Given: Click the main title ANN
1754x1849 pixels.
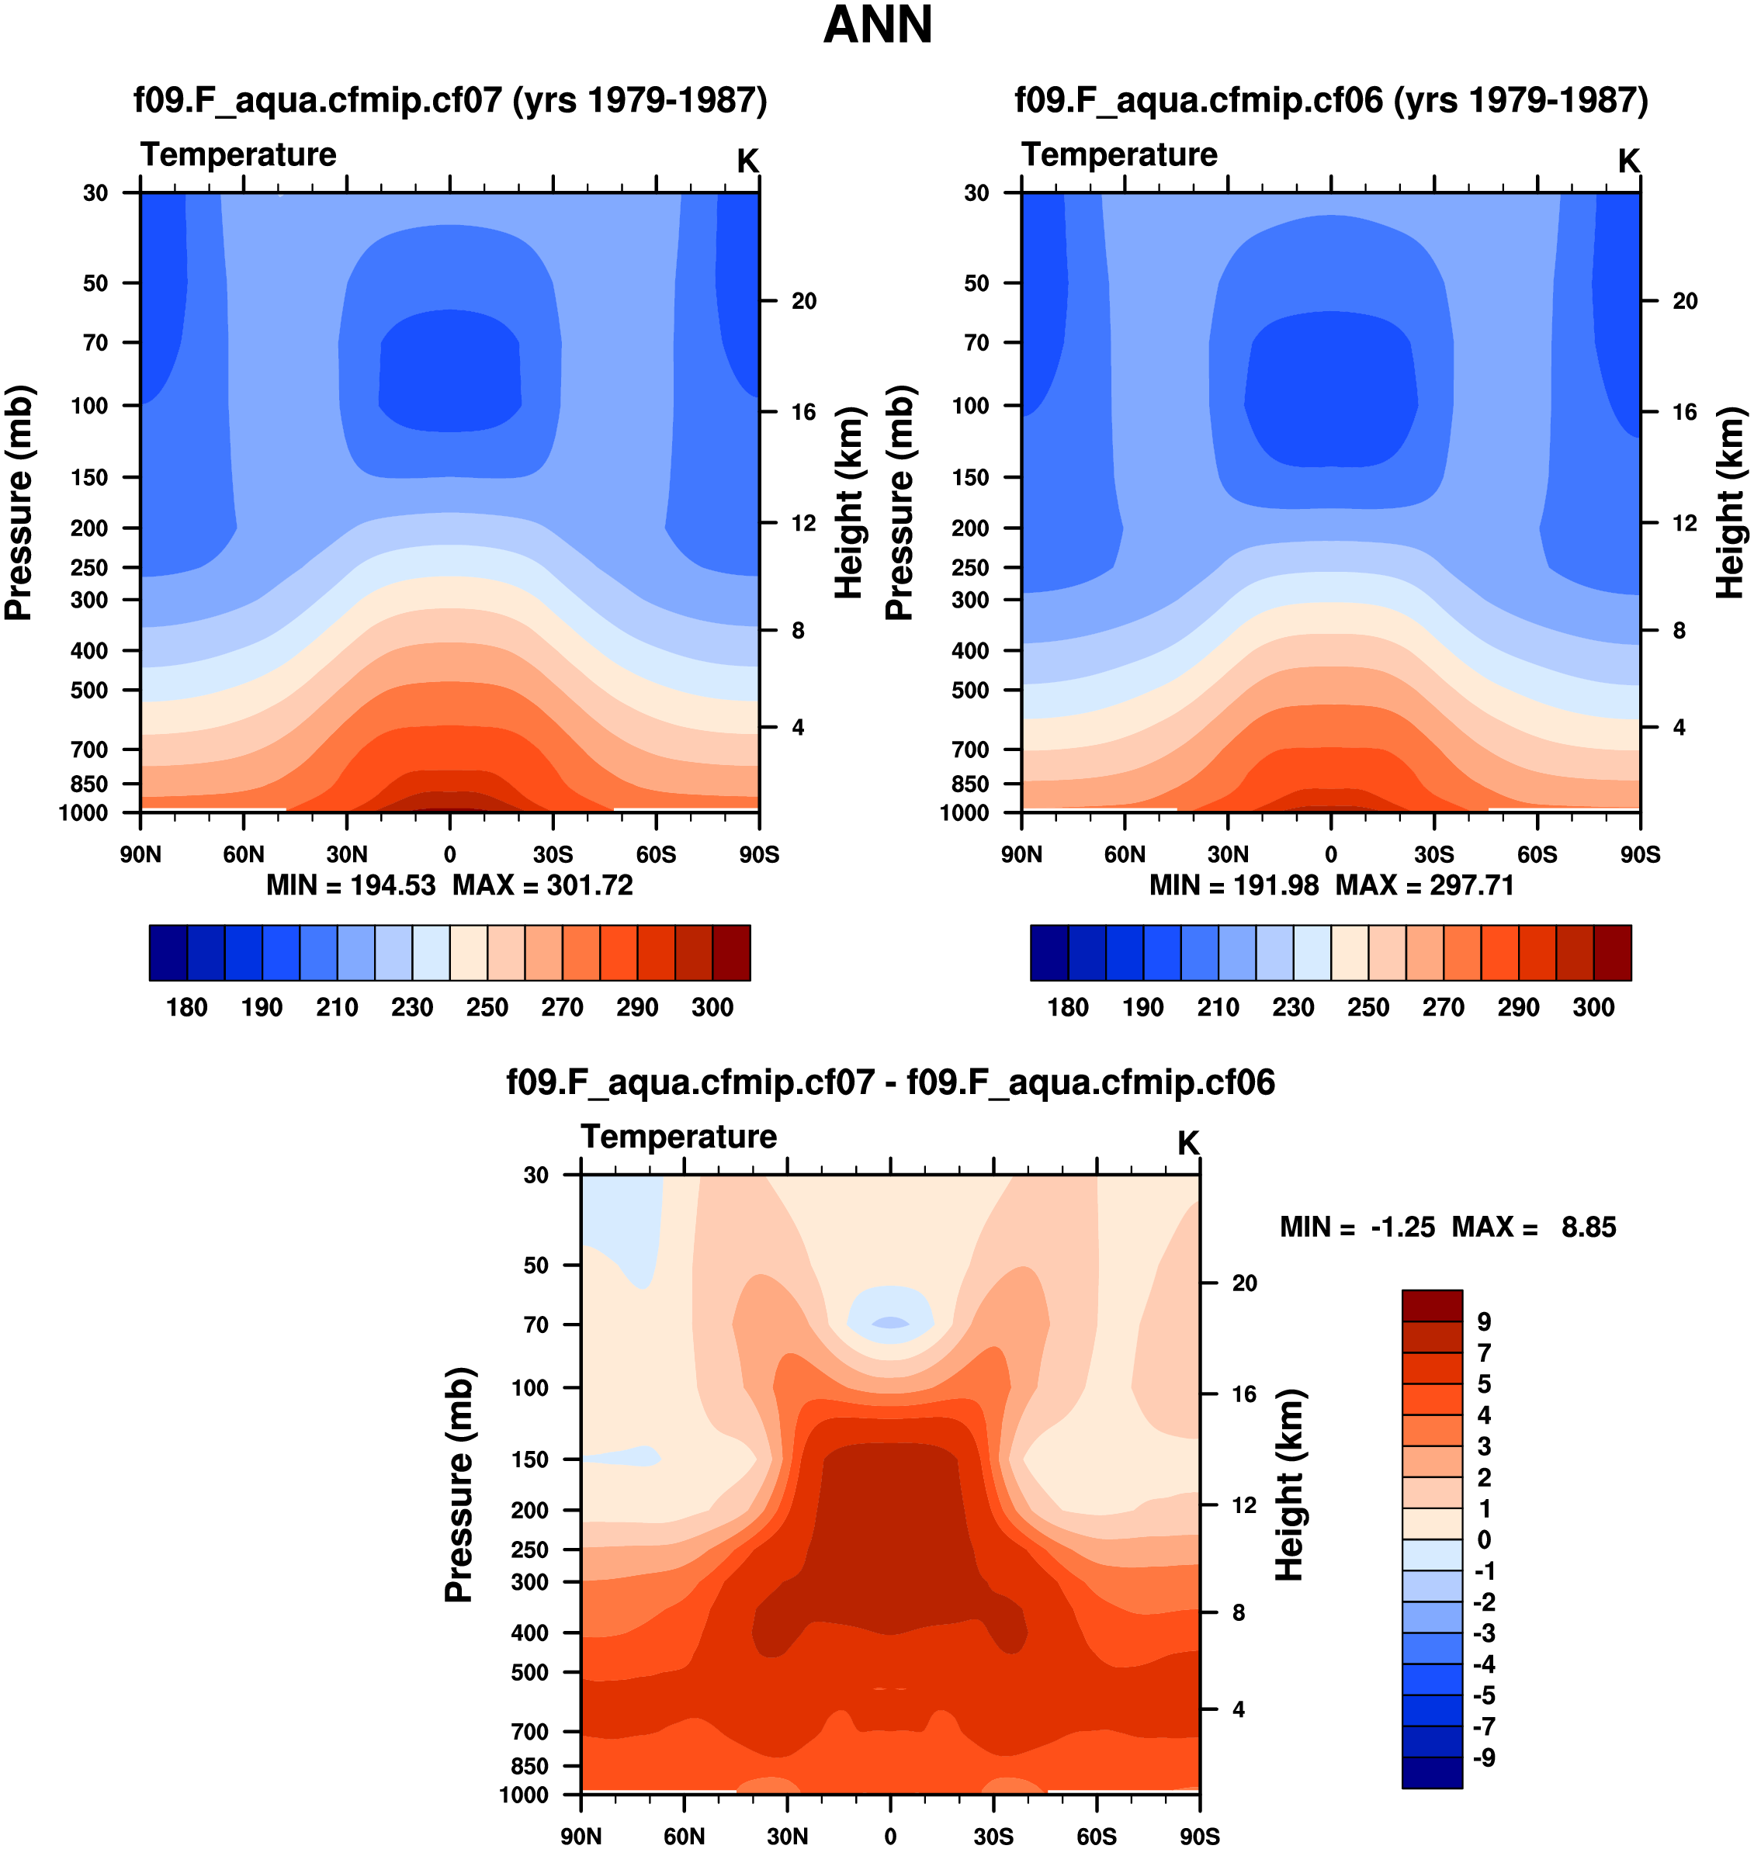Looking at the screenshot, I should [x=877, y=26].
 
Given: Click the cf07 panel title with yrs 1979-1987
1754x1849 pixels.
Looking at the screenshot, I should [x=449, y=100].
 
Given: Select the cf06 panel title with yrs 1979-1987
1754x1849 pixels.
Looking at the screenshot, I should [x=1330, y=100].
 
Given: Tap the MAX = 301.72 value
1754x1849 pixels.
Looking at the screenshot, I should [x=542, y=885].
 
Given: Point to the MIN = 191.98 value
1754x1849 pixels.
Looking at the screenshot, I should [x=1233, y=885].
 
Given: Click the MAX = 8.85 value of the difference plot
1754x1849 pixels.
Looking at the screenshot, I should [x=1534, y=1227].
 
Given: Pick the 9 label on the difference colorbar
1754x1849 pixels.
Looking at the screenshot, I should [x=1484, y=1322].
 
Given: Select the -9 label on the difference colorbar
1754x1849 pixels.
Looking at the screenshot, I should [x=1484, y=1757].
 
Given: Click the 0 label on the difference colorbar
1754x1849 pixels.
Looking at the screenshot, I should [x=1484, y=1539].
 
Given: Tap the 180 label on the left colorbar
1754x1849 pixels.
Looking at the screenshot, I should [x=187, y=1007].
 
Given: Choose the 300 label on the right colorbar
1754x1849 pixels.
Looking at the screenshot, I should [x=1593, y=1007].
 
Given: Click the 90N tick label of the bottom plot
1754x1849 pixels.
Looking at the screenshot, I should [x=581, y=1836].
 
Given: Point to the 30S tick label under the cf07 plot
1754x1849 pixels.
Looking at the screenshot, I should [x=553, y=854].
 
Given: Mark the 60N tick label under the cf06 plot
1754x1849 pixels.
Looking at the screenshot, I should [x=1124, y=854].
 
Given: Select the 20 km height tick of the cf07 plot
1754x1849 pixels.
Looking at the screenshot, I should [x=803, y=301].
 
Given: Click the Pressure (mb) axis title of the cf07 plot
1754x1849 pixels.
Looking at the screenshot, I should [x=19, y=503].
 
